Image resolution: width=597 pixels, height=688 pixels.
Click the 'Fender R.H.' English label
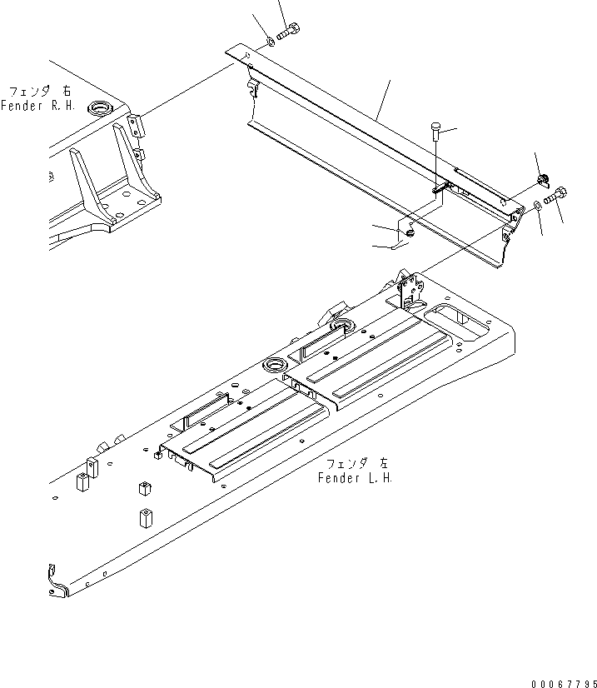pos(38,106)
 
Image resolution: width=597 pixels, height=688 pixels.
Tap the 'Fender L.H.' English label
pos(355,478)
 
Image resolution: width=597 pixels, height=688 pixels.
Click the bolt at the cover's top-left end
pos(288,33)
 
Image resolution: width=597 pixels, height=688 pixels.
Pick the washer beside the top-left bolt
pos(271,41)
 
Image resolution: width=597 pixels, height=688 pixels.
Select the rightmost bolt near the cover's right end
pos(556,197)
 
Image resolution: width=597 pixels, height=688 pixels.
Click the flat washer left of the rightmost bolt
pos(539,206)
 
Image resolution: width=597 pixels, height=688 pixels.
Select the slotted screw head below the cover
pos(411,235)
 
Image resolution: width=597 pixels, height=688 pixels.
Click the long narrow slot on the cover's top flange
pos(479,186)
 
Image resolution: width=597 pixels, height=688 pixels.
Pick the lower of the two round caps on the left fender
pos(274,366)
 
